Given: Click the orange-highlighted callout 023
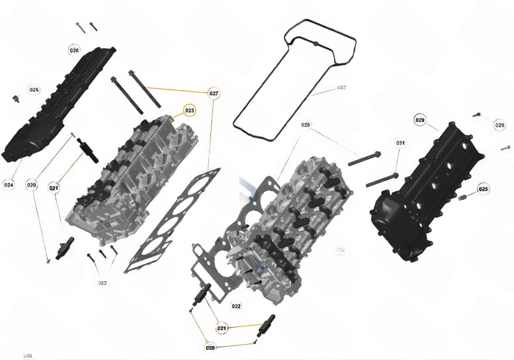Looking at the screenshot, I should coord(190,110).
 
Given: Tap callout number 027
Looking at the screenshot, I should coord(214,93).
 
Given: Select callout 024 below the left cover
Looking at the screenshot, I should coord(9,184).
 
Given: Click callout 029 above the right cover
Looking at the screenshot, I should coord(420,120).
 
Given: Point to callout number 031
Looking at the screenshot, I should coord(400,143).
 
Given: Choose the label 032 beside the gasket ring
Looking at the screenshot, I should coord(341,87).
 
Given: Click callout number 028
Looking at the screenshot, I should coord(305,124).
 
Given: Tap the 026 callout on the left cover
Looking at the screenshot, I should coord(74,50).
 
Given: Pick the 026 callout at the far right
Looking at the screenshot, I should coord(499,124).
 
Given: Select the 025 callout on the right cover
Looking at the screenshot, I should coord(484,189).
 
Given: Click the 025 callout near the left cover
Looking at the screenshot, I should coord(34,89).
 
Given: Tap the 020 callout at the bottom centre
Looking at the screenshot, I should coord(210,347).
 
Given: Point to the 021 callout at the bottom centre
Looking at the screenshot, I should coord(222,328).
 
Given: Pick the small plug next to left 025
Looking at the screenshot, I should coord(14,99).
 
